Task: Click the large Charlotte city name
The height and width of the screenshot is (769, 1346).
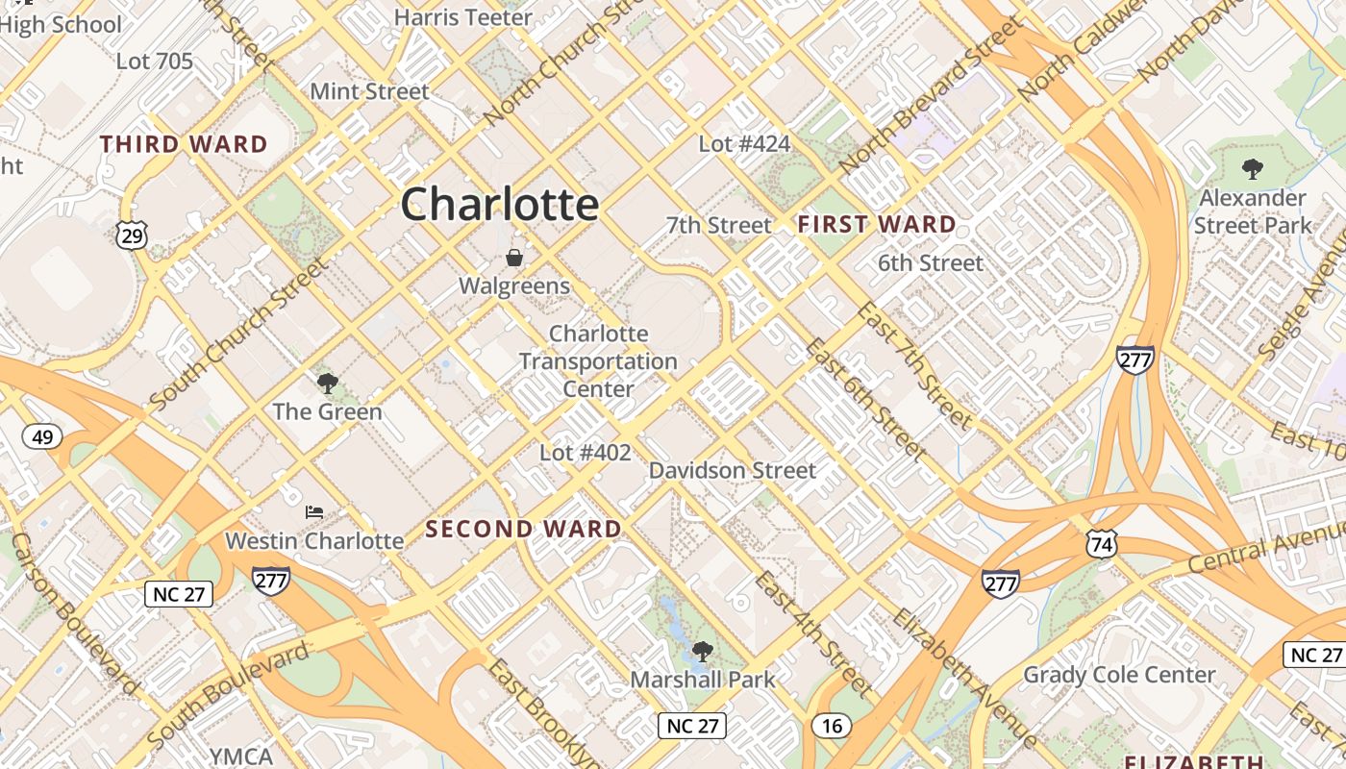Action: pos(500,204)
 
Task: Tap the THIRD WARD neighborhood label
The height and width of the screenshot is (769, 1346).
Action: pos(184,145)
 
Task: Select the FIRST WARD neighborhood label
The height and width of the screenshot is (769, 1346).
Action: pos(877,225)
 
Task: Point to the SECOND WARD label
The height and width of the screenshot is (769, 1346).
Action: pos(524,529)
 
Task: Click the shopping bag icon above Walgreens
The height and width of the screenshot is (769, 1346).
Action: pos(514,258)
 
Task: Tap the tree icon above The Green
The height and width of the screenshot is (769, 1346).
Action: pos(327,384)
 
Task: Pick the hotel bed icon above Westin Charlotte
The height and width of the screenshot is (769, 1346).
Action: pos(314,511)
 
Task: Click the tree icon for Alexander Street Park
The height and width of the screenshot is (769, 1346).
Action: pos(1252,169)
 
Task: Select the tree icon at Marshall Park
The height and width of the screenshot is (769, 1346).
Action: pos(703,651)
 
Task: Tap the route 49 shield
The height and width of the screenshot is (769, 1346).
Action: pos(42,438)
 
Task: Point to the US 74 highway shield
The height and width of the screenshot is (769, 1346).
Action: pos(1102,545)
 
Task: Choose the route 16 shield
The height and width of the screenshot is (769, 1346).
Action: pos(832,726)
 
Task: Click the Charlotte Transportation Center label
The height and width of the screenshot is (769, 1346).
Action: pos(598,361)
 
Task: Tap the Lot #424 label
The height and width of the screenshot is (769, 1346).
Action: pos(744,144)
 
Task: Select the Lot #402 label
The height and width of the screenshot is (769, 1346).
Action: pos(585,453)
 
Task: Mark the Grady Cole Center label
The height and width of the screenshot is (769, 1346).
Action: pos(1119,675)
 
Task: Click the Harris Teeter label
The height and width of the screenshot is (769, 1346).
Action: pos(463,17)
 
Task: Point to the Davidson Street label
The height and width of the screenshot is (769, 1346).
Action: pos(733,470)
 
